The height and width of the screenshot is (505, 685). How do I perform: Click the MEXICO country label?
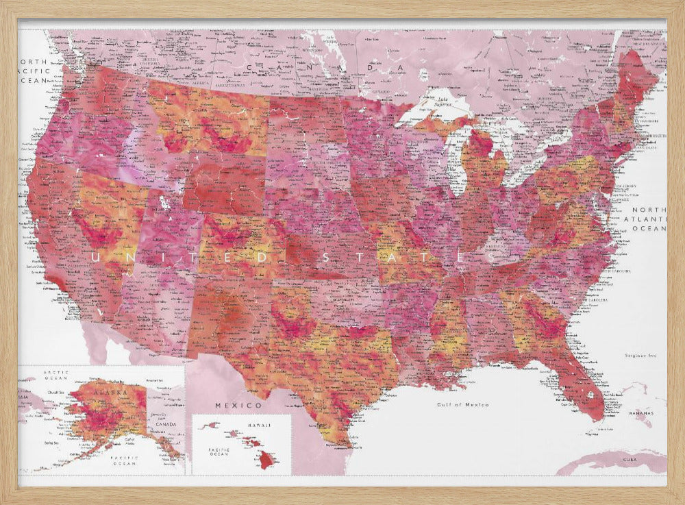[229, 406]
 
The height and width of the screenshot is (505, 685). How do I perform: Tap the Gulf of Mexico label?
[464, 405]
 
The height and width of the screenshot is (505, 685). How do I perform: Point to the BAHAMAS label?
[642, 414]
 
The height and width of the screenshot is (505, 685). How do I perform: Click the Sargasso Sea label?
[641, 356]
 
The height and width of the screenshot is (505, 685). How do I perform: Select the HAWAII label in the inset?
[258, 426]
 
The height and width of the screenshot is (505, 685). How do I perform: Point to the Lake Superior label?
[441, 102]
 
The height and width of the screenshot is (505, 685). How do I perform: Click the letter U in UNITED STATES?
[95, 258]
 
